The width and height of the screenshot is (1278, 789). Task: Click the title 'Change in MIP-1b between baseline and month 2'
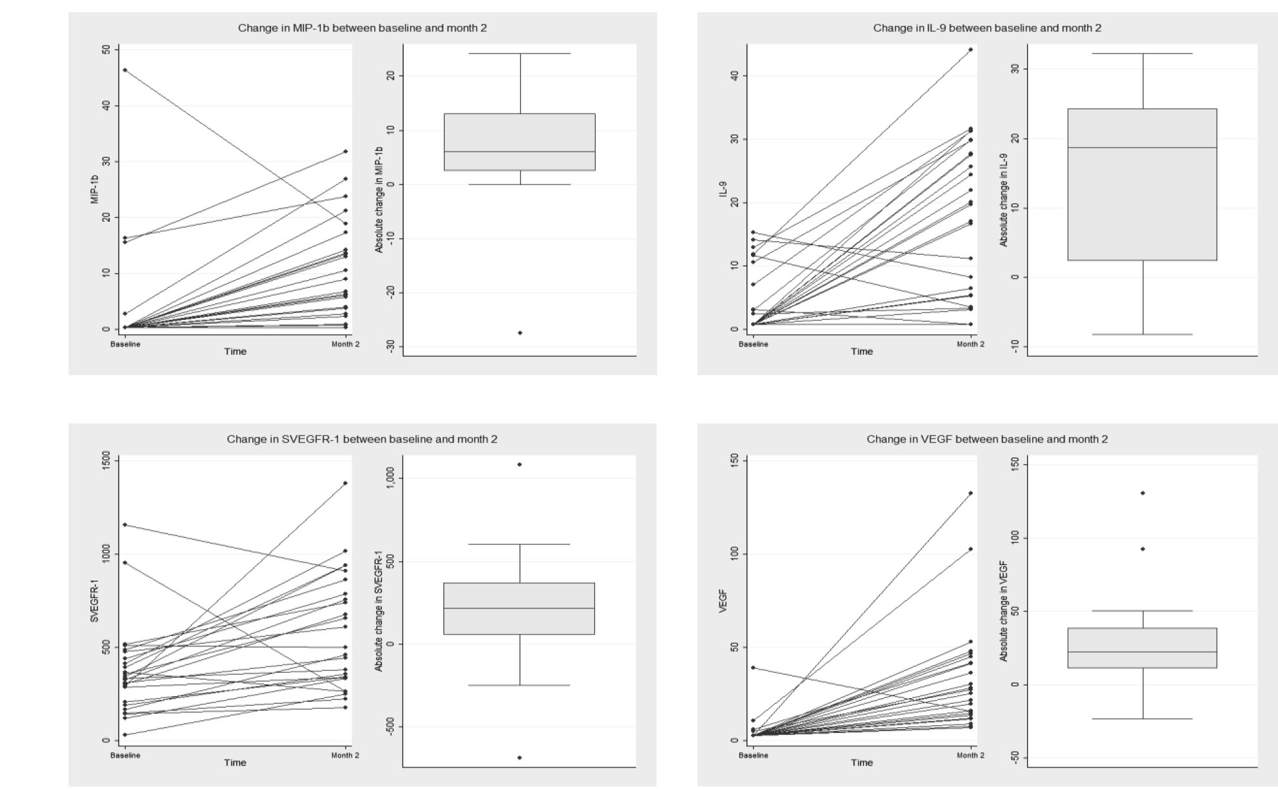pos(362,28)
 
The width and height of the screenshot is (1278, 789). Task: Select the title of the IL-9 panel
pos(987,28)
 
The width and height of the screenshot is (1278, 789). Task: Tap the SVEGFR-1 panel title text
pos(362,439)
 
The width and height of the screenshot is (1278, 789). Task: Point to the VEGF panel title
pos(987,439)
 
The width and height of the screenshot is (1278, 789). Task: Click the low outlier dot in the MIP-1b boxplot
pos(520,333)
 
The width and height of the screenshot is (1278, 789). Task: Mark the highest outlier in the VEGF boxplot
pos(1143,493)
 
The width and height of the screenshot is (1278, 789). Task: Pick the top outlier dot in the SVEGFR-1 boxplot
pos(520,464)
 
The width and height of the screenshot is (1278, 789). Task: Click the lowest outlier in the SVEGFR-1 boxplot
pos(520,757)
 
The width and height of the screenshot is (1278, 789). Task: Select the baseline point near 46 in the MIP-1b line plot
pos(125,70)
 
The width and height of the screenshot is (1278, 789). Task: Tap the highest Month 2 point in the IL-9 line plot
pos(971,50)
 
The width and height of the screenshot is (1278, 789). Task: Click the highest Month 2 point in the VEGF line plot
pos(971,493)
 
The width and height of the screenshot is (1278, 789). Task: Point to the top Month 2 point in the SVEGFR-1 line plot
pos(346,483)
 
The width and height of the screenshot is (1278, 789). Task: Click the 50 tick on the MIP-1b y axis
pos(106,50)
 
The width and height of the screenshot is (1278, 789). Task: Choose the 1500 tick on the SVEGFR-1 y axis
pos(106,461)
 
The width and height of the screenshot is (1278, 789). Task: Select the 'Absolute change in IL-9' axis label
pos(1004,200)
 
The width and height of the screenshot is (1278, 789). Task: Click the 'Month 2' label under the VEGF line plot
pos(970,755)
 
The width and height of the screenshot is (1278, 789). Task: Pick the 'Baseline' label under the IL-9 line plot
pos(754,345)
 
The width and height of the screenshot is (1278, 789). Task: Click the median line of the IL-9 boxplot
pos(1142,148)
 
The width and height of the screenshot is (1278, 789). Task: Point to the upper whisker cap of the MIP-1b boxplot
pos(520,54)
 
